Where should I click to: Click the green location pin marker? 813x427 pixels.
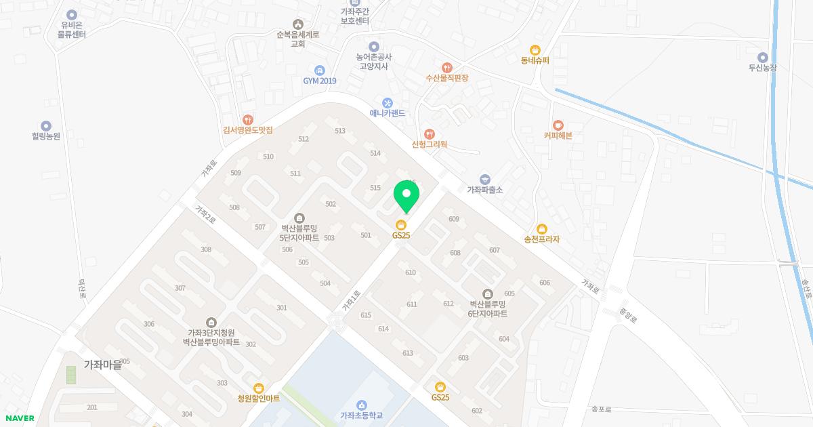pyautogui.click(x=406, y=195)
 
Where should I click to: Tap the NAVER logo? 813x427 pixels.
pyautogui.click(x=18, y=418)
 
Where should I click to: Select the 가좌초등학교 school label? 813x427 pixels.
pyautogui.click(x=361, y=415)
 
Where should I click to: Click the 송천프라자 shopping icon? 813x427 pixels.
pyautogui.click(x=541, y=229)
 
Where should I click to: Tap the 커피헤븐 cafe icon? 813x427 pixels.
pyautogui.click(x=558, y=125)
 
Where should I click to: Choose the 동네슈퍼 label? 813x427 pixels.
pyautogui.click(x=535, y=60)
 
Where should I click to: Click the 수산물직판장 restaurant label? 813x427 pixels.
pyautogui.click(x=446, y=78)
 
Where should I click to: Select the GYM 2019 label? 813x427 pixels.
pyautogui.click(x=320, y=81)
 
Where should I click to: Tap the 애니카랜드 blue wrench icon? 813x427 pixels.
pyautogui.click(x=388, y=103)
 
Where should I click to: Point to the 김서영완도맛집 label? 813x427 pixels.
pyautogui.click(x=247, y=130)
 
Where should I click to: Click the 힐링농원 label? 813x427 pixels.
pyautogui.click(x=46, y=136)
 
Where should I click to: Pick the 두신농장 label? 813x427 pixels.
pyautogui.click(x=762, y=68)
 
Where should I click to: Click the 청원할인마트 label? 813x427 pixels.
pyautogui.click(x=258, y=399)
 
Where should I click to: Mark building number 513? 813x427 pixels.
pyautogui.click(x=340, y=131)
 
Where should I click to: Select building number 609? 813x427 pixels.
pyautogui.click(x=454, y=219)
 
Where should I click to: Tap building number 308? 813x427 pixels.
pyautogui.click(x=206, y=249)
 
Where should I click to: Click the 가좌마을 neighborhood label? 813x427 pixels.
pyautogui.click(x=102, y=365)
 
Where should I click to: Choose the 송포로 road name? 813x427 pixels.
pyautogui.click(x=601, y=409)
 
